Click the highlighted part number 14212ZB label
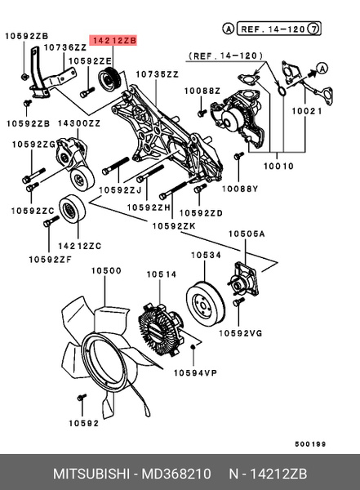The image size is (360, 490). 113,38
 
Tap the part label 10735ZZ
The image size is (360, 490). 156,73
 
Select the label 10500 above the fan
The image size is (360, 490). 105,270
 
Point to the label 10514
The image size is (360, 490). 160,274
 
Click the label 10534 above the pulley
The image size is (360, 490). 207,256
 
